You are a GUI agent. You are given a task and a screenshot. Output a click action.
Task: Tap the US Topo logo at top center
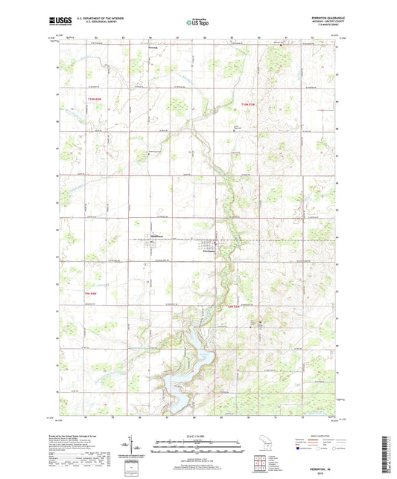coord(198,22)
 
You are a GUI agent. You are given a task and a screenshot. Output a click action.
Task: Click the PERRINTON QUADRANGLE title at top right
coord(317,16)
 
